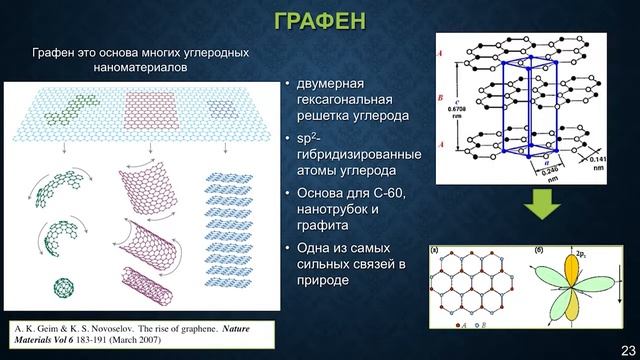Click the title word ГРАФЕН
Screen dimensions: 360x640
[x=319, y=21]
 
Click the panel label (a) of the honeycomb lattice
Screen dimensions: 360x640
[x=435, y=248]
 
